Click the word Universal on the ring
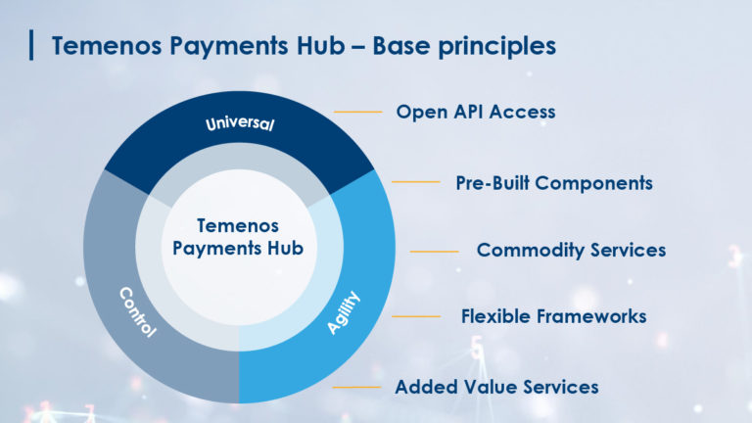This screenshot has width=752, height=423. coord(240,123)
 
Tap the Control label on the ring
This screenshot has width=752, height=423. coord(138,312)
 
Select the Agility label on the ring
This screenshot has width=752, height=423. coord(344,312)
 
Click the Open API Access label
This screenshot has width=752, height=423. coord(476,112)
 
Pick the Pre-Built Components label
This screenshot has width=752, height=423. coord(554,183)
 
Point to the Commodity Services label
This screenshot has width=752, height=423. coord(571,250)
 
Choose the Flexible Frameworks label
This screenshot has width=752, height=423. coord(553,316)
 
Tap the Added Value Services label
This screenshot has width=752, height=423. coord(496,387)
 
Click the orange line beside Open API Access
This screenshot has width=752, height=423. coord(357,112)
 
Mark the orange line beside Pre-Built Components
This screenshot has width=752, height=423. coord(416,182)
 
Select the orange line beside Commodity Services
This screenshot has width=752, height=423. coord(434,252)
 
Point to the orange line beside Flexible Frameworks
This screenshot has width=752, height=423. coord(416,316)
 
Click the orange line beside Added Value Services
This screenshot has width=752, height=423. coord(356,387)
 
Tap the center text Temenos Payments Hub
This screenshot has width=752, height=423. coord(238,237)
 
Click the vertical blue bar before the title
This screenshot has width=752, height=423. coord(31,45)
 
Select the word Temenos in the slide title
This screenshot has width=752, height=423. coord(107,46)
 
